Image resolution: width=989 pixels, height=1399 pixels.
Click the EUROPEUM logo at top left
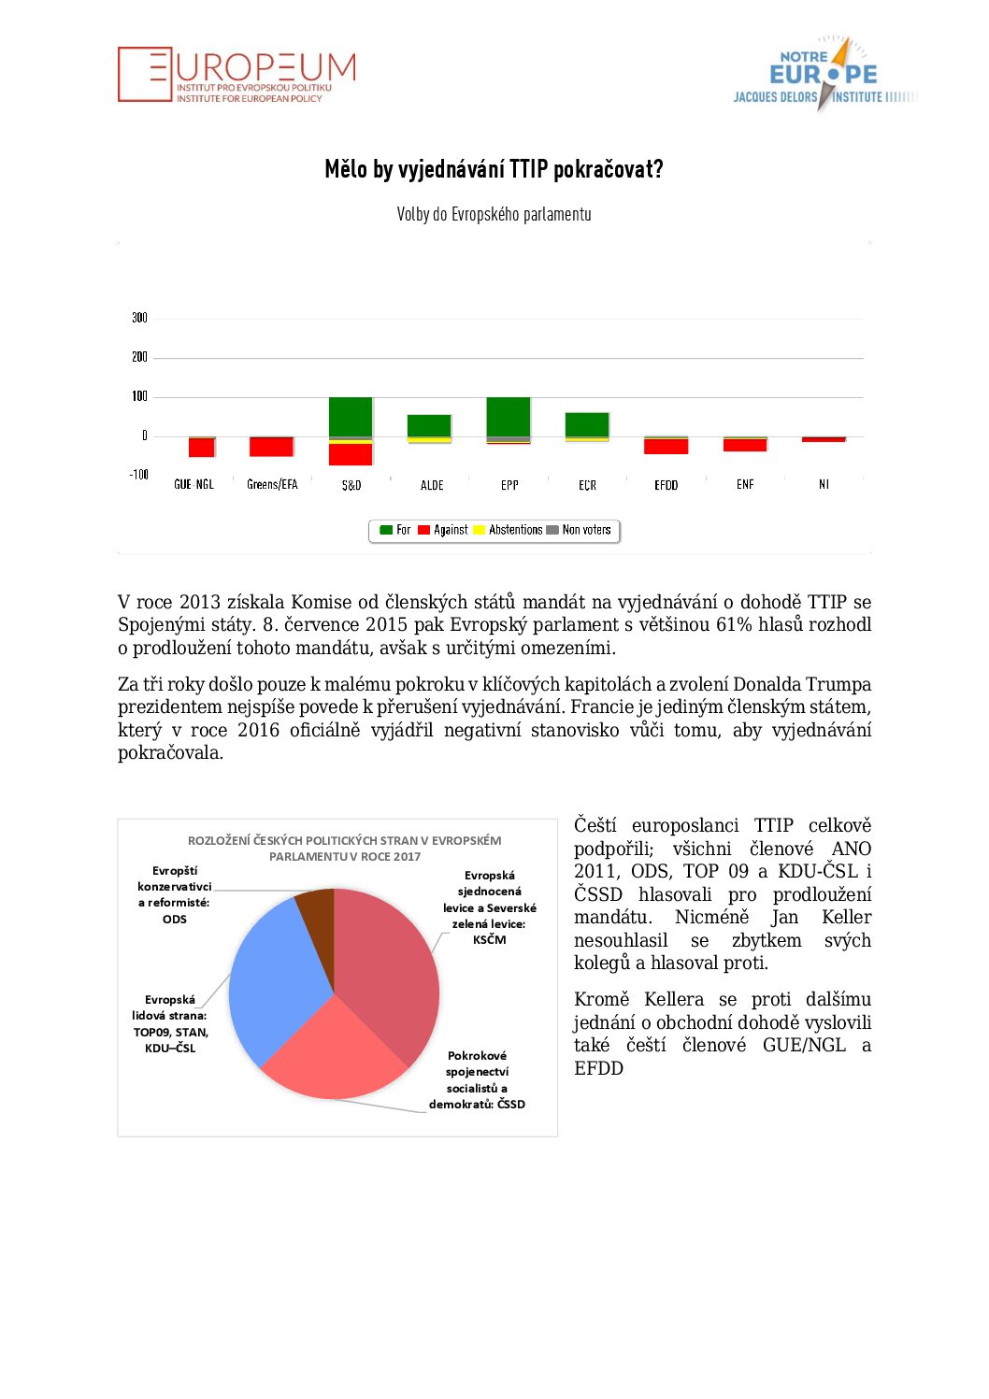point(236,75)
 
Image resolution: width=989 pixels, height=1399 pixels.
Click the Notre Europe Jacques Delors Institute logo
point(823,75)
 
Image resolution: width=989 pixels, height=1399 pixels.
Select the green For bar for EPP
point(509,416)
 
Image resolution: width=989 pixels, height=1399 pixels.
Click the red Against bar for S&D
point(351,454)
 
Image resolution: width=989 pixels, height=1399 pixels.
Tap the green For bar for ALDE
point(429,425)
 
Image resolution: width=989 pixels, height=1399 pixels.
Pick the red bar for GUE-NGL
point(202,447)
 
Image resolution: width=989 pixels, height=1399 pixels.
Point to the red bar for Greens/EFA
point(271,447)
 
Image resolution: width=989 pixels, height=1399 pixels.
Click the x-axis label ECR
point(587,485)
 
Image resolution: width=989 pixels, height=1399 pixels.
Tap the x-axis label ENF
point(745,485)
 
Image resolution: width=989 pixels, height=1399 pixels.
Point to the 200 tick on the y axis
point(139,357)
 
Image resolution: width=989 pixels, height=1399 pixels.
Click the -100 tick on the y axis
point(138,475)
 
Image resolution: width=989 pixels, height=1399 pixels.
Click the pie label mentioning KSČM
point(489,907)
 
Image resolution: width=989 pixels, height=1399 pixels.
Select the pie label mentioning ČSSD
point(477,1080)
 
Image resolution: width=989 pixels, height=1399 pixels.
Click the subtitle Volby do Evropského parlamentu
point(494,214)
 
